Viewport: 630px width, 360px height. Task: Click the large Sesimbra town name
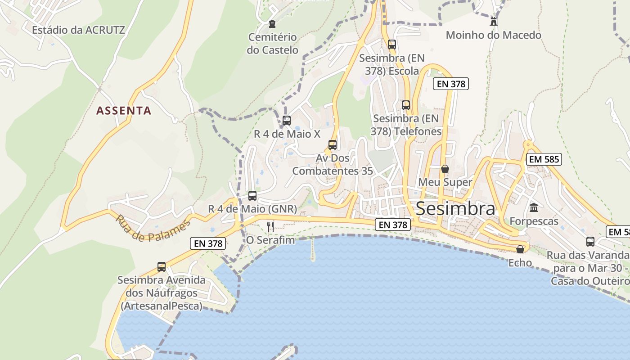455,209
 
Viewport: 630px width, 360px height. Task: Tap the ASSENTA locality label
124,110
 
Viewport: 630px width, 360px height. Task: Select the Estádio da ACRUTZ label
78,30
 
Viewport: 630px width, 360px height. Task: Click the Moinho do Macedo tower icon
494,21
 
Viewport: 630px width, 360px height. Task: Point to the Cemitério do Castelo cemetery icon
272,23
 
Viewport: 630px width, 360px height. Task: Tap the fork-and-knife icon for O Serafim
270,226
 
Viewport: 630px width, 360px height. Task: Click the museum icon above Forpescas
534,207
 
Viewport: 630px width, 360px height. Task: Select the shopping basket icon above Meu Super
445,169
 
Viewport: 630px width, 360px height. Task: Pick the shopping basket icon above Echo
520,249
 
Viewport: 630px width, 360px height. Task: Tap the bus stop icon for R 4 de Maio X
287,120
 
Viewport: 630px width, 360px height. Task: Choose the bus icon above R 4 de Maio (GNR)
252,195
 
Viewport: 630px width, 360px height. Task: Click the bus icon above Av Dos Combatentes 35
333,144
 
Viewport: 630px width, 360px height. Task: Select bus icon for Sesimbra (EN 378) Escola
392,44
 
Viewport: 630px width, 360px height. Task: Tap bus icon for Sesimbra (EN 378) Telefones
406,105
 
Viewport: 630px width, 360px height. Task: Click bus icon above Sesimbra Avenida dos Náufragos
162,266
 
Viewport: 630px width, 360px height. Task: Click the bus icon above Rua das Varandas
590,241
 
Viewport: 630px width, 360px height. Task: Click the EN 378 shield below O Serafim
207,243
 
